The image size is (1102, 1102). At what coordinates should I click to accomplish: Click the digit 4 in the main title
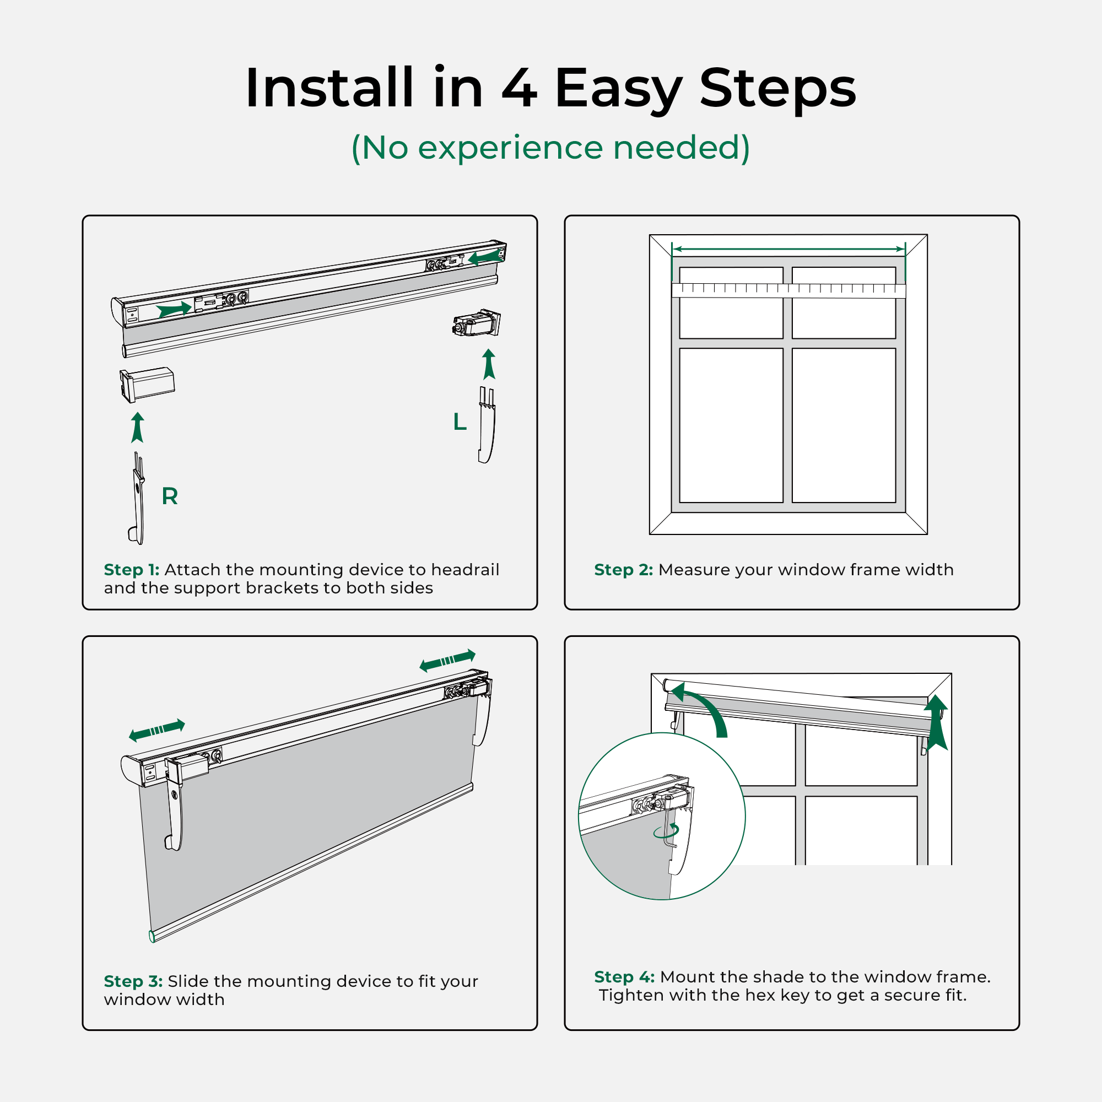coord(519,88)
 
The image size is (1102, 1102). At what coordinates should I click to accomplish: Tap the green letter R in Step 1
coord(170,496)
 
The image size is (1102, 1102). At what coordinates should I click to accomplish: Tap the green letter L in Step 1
coord(460,422)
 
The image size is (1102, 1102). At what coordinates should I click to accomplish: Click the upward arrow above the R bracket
coord(137,428)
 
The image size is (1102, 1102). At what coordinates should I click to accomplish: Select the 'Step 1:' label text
coord(131,570)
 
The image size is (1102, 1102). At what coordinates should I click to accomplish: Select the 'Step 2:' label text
coord(623,570)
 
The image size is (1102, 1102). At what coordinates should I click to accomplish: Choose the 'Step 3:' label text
coord(133,981)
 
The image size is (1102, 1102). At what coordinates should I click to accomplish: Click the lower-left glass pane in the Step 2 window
coord(731,425)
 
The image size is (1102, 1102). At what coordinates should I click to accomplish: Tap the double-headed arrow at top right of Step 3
coord(447,661)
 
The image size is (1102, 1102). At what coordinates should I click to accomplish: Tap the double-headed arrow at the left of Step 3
coord(157,730)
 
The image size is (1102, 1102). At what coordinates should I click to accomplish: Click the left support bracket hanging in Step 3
coord(175,810)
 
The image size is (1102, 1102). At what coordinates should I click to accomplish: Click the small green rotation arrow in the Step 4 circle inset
coord(667,831)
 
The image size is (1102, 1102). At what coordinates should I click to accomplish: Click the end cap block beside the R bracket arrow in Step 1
coord(147,384)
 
